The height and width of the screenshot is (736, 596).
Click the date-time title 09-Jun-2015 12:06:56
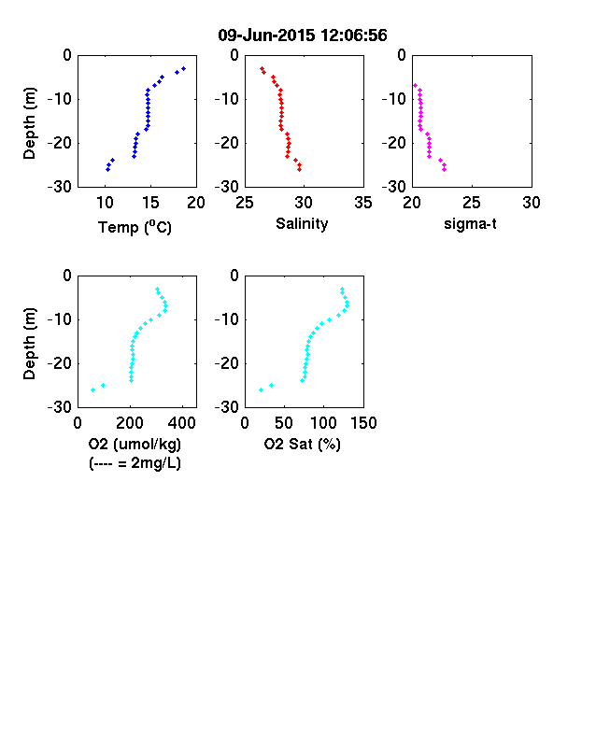[x=303, y=35]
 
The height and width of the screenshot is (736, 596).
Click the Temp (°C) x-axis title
[x=135, y=227]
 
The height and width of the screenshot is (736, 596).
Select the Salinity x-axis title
[x=302, y=224]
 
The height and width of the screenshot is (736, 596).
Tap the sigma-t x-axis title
[x=470, y=224]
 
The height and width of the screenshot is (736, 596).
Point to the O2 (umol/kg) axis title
[x=135, y=444]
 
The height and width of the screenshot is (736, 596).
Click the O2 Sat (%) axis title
[x=302, y=444]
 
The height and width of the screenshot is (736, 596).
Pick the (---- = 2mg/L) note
[x=135, y=463]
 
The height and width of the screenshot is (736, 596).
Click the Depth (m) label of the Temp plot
[x=29, y=123]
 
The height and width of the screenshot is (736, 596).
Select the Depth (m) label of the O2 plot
[x=29, y=344]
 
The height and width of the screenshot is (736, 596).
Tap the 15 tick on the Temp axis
[x=150, y=203]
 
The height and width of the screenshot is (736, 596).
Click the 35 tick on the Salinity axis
[x=363, y=203]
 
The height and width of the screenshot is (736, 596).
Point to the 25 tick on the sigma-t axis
[x=472, y=203]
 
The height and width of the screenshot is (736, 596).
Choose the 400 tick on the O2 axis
[x=182, y=423]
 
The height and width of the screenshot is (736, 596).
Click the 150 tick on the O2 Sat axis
[x=363, y=423]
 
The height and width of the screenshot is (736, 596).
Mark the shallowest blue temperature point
[x=183, y=68]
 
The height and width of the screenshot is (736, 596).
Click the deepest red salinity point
[x=300, y=169]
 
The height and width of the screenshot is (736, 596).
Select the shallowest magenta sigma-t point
[x=415, y=85]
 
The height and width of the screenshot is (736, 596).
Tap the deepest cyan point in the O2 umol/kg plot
[x=92, y=389]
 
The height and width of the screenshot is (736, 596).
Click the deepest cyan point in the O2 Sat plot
[x=261, y=389]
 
